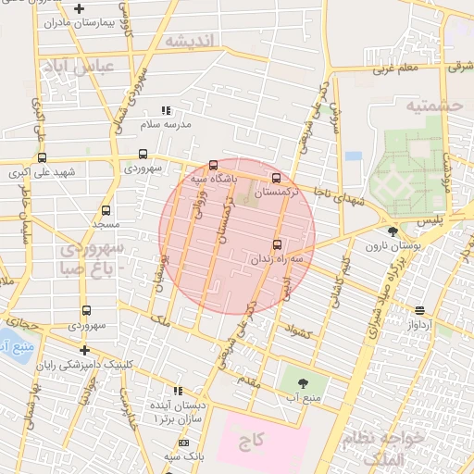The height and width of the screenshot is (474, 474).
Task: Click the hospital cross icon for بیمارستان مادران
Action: [80, 9]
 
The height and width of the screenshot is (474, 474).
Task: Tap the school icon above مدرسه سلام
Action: [167, 110]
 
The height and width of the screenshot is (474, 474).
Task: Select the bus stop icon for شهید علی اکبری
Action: [42, 157]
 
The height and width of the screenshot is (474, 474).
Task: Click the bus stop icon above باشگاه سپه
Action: [214, 165]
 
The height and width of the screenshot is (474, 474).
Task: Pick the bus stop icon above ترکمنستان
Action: [276, 178]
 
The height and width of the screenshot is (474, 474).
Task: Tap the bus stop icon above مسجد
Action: [106, 210]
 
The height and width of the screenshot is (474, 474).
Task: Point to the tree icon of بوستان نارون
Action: [393, 232]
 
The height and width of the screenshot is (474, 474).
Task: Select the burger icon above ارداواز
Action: [420, 311]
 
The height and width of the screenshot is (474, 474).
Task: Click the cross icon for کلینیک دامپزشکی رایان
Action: [84, 350]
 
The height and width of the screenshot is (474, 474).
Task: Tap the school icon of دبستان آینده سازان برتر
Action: [181, 391]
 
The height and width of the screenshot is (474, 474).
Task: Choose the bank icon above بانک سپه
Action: [182, 444]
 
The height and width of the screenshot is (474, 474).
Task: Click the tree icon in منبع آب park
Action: [303, 381]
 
